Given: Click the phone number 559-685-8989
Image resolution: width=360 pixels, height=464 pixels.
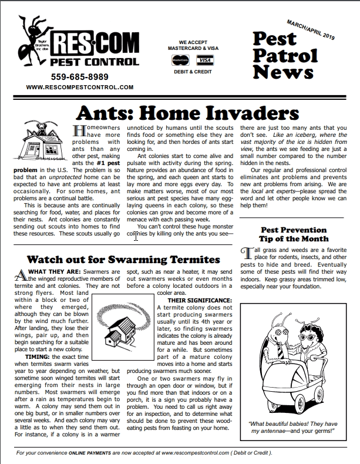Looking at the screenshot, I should pyautogui.click(x=80, y=76).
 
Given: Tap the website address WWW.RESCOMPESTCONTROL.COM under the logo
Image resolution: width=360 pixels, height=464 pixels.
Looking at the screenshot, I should pyautogui.click(x=80, y=87).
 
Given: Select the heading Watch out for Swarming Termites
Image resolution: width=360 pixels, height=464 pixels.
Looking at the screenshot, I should pyautogui.click(x=123, y=259).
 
